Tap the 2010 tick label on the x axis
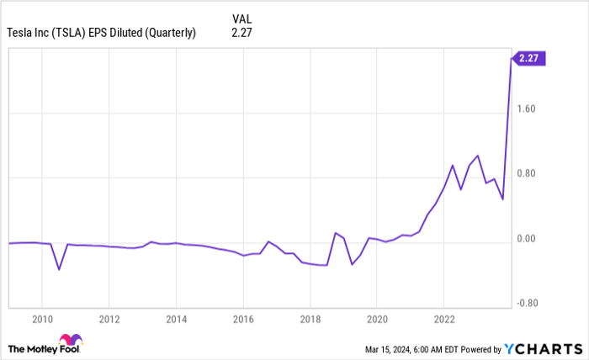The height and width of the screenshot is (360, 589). pyautogui.click(x=42, y=319)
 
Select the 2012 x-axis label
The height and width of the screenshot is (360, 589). pyautogui.click(x=109, y=319)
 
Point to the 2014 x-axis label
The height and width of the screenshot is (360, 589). pyautogui.click(x=176, y=319)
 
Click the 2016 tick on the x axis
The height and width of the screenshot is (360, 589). pyautogui.click(x=242, y=319)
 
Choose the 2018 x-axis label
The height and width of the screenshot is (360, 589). pyautogui.click(x=310, y=319)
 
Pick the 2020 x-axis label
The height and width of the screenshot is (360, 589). pyautogui.click(x=376, y=319)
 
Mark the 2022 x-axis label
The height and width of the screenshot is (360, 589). pyautogui.click(x=443, y=319)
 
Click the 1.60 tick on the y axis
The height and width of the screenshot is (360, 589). pyautogui.click(x=526, y=109)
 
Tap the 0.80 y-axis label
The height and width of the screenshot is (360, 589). pyautogui.click(x=526, y=174)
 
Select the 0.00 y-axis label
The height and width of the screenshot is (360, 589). pyautogui.click(x=526, y=239)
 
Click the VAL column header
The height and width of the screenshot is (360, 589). pyautogui.click(x=241, y=18)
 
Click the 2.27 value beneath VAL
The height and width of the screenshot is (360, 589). pyautogui.click(x=241, y=33)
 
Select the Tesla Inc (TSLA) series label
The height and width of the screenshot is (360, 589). pyautogui.click(x=101, y=33)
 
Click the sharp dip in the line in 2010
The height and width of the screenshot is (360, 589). pyautogui.click(x=59, y=269)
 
